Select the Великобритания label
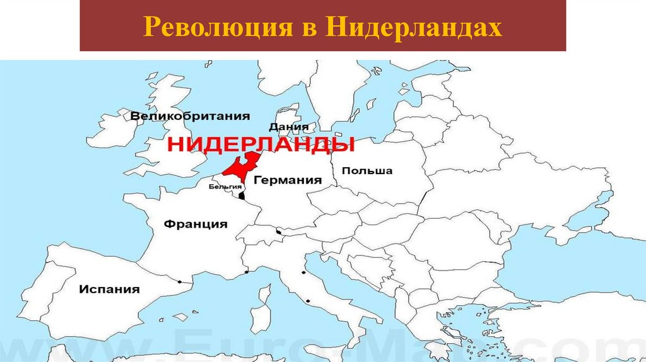point(190,116)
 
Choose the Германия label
point(288,180)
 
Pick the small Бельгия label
point(225,187)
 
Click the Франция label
point(196,224)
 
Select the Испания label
point(109,289)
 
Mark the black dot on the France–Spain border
point(180,281)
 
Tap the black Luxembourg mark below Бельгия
point(241,196)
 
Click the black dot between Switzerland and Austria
point(278,232)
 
